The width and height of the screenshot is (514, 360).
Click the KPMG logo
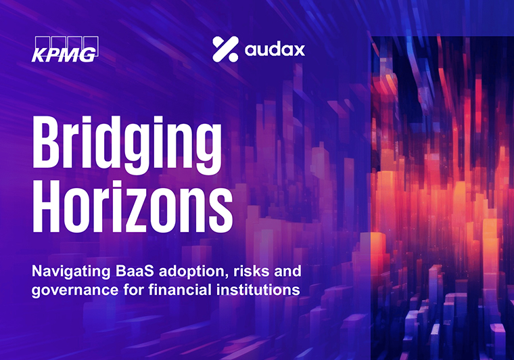click(x=65, y=49)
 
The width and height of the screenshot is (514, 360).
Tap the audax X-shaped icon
click(x=225, y=49)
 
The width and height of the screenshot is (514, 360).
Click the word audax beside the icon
click(x=275, y=50)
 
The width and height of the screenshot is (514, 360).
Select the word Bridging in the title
click(x=127, y=145)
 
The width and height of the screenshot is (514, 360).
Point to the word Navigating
click(x=71, y=272)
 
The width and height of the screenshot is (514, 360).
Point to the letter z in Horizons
click(x=148, y=212)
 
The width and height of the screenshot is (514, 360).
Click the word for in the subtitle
click(x=134, y=290)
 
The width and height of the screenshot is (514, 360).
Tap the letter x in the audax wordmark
click(x=298, y=51)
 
